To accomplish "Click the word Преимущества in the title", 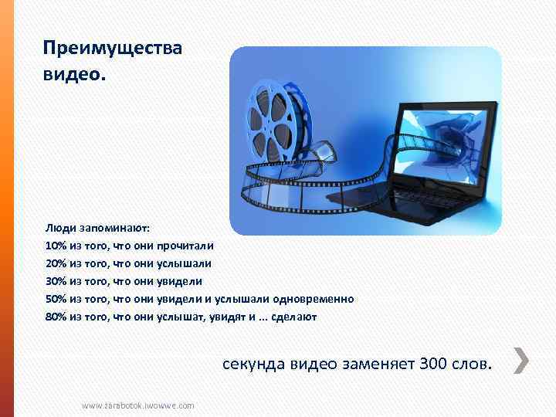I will (113, 49).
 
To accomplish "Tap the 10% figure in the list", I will (56, 246).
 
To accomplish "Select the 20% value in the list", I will (56, 263).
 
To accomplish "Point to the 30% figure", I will (56, 281).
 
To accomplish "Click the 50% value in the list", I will (56, 299).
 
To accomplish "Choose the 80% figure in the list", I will (56, 317).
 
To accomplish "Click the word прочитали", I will (188, 246).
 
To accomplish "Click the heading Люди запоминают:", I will (98, 229).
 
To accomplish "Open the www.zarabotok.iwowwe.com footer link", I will (138, 405).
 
